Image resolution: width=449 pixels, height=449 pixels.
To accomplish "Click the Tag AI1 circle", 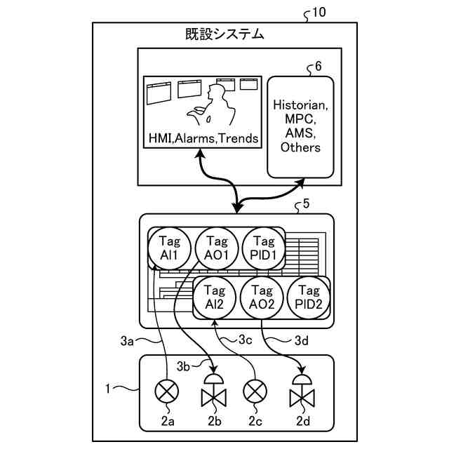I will pyautogui.click(x=169, y=249).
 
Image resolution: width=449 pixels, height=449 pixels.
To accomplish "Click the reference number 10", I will pyautogui.click(x=318, y=12).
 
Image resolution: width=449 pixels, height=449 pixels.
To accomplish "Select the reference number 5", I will pyautogui.click(x=305, y=205).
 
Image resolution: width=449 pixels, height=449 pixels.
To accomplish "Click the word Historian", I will pyautogui.click(x=300, y=106).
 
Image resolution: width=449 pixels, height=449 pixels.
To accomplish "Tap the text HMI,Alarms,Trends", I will pyautogui.click(x=202, y=139).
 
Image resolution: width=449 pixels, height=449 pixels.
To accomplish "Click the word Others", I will pyautogui.click(x=300, y=147).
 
